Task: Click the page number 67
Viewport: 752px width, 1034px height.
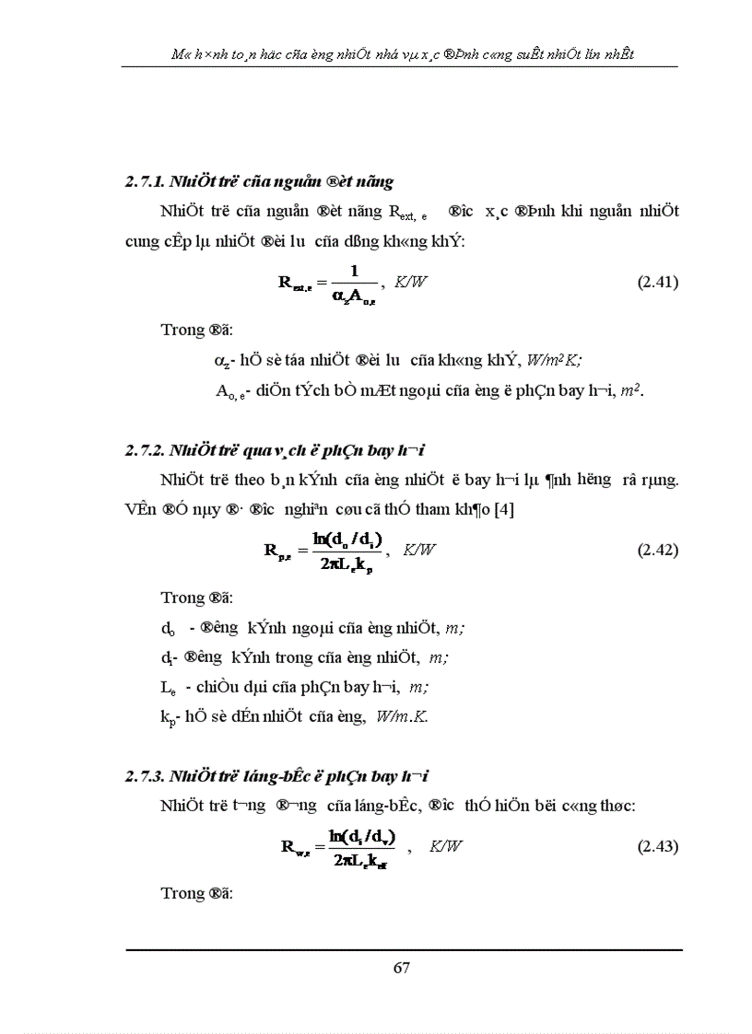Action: point(401,967)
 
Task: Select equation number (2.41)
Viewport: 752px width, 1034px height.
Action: point(658,283)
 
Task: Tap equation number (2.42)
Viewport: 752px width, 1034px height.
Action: point(658,550)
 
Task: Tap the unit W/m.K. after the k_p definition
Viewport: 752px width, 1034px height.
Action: point(401,715)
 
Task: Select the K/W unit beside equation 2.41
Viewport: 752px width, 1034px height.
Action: point(411,283)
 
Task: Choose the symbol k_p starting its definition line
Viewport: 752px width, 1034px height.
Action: point(167,715)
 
